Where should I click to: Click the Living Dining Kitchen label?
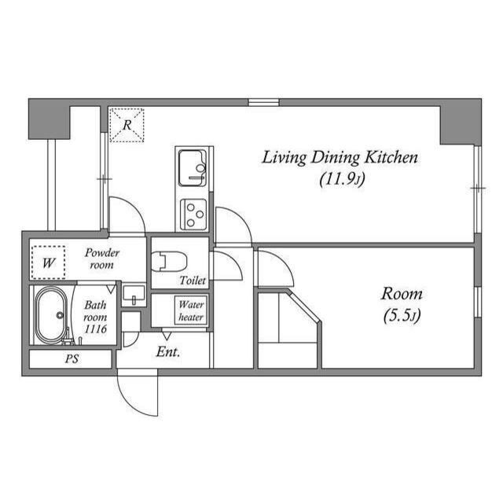[x=340, y=158]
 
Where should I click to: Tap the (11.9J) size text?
[x=343, y=179]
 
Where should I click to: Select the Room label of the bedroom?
[x=402, y=294]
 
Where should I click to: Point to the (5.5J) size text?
[x=402, y=316]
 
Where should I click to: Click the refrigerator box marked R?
[x=127, y=125]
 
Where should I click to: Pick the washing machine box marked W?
[x=49, y=263]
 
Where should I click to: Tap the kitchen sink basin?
[x=192, y=168]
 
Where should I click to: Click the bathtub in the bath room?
[x=50, y=315]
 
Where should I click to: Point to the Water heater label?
[x=191, y=310]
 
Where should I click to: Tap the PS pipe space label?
[x=72, y=358]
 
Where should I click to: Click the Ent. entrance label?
[x=168, y=352]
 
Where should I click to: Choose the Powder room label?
[x=101, y=259]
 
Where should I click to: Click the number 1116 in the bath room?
[x=95, y=329]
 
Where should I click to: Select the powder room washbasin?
[x=134, y=295]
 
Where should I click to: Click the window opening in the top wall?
[x=263, y=102]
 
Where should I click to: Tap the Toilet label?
[x=193, y=281]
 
